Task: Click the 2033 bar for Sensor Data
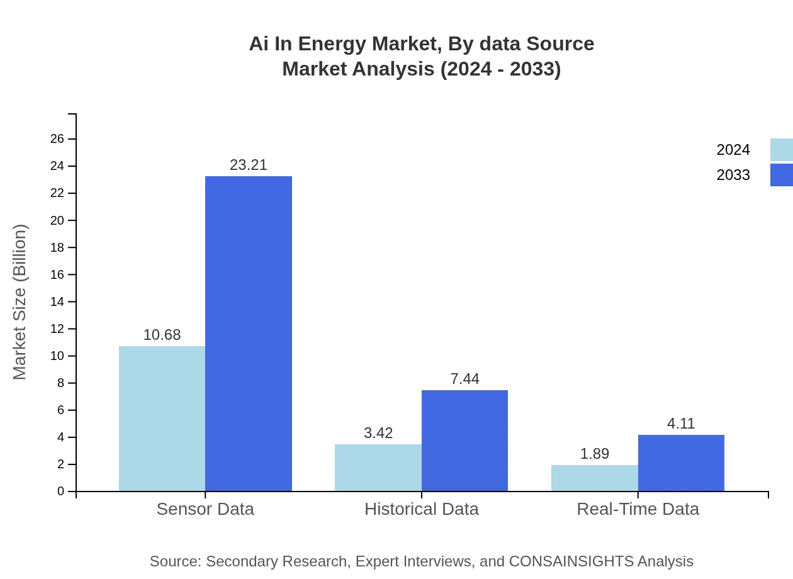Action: tap(249, 334)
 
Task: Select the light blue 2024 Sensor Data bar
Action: tap(162, 419)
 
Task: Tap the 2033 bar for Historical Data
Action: tap(464, 441)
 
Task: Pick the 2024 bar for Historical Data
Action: tap(378, 468)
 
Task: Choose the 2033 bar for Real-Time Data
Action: tap(681, 463)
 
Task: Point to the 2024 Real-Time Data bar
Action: tap(594, 478)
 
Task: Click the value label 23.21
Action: tap(249, 165)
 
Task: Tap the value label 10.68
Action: tap(162, 335)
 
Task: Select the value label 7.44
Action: tap(464, 379)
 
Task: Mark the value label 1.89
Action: tap(594, 454)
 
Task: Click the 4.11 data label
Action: tap(681, 424)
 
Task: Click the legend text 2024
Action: tap(733, 150)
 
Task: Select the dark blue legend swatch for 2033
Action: tap(781, 175)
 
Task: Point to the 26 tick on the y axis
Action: tap(57, 139)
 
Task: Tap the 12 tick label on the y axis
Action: tap(57, 329)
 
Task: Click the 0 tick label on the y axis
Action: tap(61, 491)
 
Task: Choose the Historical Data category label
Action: tap(421, 509)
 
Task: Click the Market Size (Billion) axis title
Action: tap(20, 302)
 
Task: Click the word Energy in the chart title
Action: tap(332, 44)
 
